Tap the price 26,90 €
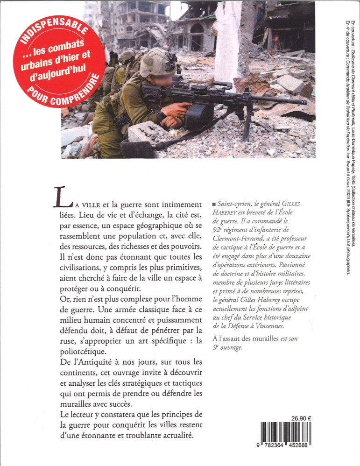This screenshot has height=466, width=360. tap(301, 405)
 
